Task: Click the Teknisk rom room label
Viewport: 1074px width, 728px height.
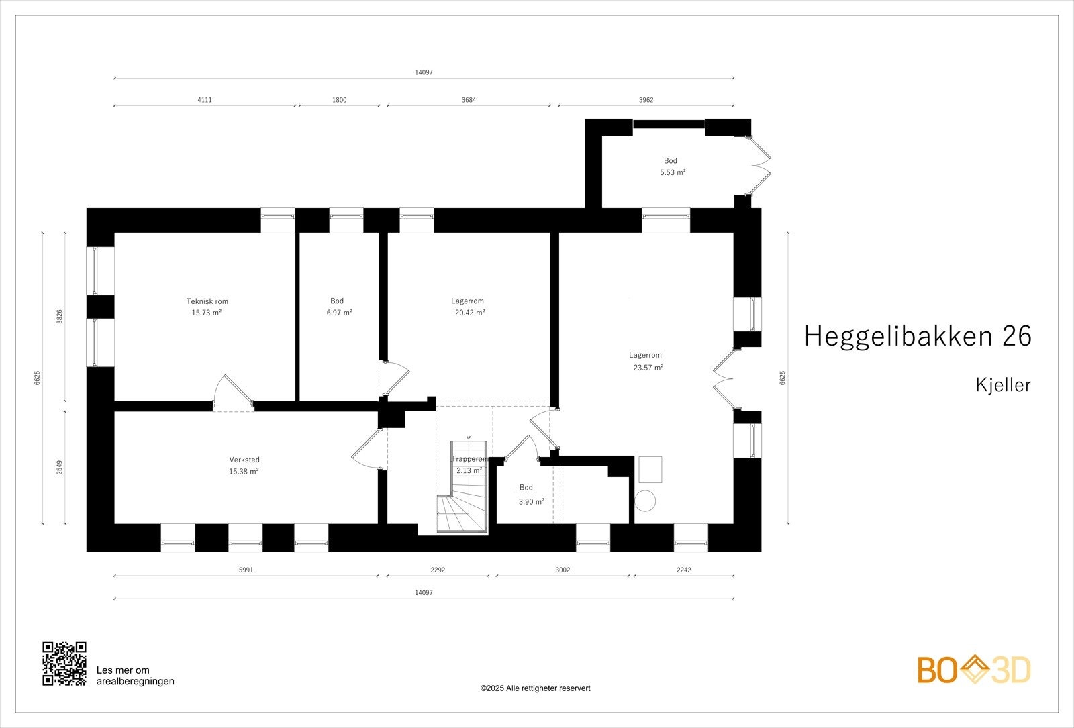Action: point(207,301)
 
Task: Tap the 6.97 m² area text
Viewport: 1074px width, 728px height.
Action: point(339,313)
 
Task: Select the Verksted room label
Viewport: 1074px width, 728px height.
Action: point(244,460)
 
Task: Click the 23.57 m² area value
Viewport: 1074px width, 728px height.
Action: point(648,368)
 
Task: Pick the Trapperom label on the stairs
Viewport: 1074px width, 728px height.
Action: point(469,459)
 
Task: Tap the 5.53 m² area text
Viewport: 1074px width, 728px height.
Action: point(673,172)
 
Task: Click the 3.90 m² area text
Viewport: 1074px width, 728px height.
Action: point(531,501)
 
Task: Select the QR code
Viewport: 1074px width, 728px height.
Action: point(64,664)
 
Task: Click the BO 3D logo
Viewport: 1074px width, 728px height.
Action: point(973,670)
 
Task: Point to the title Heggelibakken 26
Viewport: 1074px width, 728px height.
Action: point(917,336)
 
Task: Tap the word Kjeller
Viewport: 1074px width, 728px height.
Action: point(1003,385)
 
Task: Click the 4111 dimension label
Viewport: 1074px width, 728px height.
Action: point(205,100)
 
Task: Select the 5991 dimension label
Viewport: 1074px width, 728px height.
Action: point(246,570)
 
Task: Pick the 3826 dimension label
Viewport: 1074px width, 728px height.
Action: point(59,317)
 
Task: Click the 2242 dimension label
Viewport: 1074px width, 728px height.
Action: point(683,570)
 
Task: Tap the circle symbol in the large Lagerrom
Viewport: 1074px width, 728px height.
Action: point(646,501)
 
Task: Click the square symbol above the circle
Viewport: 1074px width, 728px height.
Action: point(650,469)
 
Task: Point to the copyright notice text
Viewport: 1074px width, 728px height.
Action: point(535,688)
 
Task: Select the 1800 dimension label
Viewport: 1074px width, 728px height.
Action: point(340,100)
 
